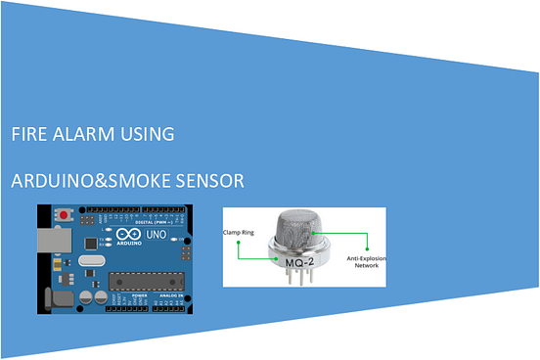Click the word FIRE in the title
tap(26, 134)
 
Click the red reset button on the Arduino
tap(66, 213)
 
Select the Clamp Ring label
tap(240, 235)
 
